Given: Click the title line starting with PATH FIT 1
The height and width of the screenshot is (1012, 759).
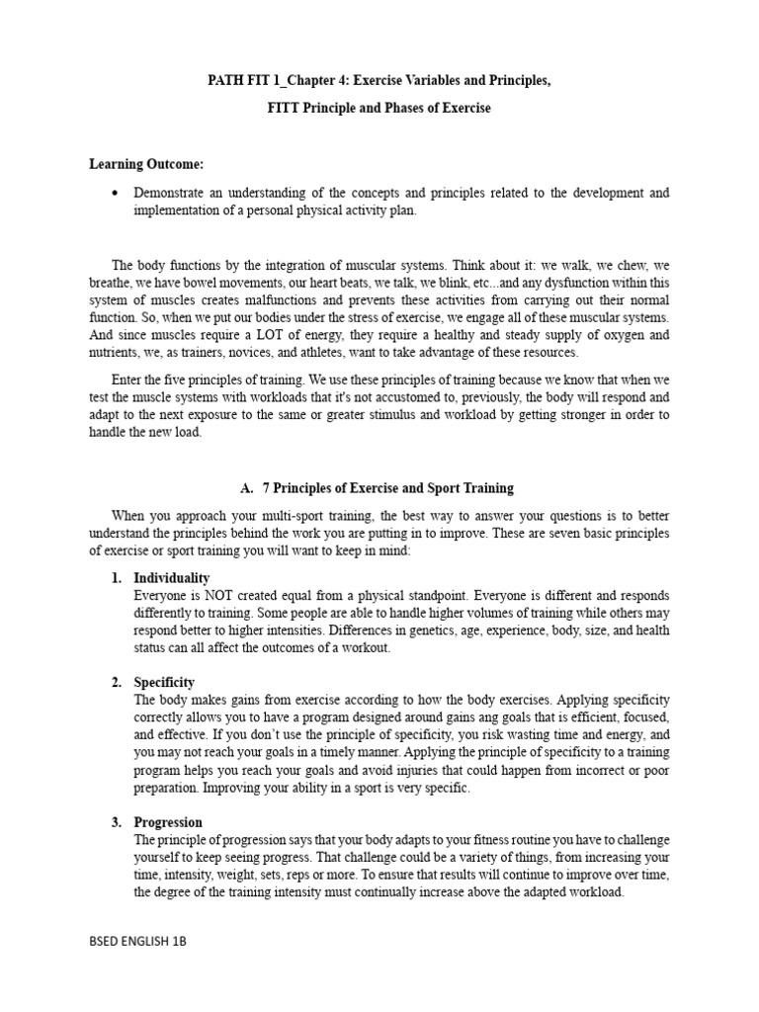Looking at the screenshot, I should click(x=379, y=80).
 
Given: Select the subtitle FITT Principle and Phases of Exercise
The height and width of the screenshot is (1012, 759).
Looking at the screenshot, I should click(x=379, y=109).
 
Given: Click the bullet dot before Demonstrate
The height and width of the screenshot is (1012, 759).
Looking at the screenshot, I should click(x=117, y=193).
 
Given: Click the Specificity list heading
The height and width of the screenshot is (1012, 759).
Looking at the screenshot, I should click(x=164, y=683).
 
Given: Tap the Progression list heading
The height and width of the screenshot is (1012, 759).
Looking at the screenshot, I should click(x=168, y=822).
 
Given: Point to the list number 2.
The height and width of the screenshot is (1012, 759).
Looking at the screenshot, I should click(x=116, y=683).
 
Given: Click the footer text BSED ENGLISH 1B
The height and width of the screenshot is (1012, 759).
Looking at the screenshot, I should click(x=137, y=943).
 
